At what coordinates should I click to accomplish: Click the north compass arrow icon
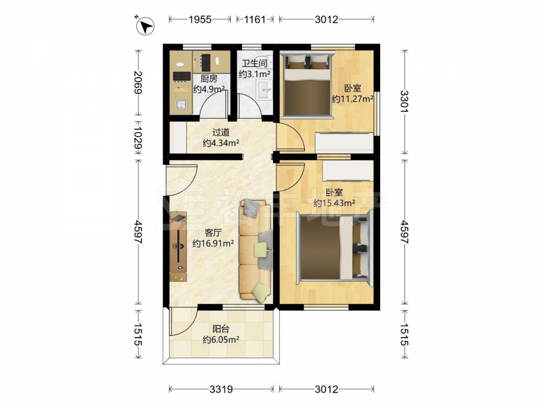pos(145,26)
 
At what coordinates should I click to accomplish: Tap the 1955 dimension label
pos(200,20)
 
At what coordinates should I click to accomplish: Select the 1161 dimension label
pos(255,20)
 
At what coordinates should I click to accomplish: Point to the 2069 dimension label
pos(138,82)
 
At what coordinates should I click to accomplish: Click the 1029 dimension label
pos(138,138)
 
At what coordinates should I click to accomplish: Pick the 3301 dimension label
pos(405,101)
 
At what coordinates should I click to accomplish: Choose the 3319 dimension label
pos(221,390)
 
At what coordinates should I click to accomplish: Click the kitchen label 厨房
pos(209,79)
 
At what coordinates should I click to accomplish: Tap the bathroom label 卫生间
pos(254,63)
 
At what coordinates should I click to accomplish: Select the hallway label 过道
pos(220,132)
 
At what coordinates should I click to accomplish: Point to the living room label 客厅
pos(213,232)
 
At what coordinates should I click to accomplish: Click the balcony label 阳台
pos(220,329)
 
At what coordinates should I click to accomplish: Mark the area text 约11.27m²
pos(352,99)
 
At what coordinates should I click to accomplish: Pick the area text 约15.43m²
pos(334,203)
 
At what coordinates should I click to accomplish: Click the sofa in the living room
pos(256,250)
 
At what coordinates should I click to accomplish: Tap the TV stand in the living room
pos(178,246)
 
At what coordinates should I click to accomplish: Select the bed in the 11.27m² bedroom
pos(307,85)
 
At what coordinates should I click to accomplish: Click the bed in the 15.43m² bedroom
pos(334,248)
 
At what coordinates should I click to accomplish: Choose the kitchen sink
pos(181,104)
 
